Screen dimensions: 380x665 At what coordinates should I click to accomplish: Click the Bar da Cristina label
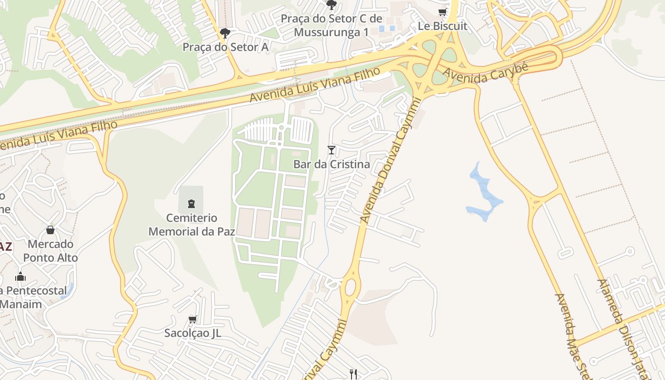[x=332, y=164]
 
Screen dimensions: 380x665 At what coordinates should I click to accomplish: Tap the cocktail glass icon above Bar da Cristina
[x=332, y=150]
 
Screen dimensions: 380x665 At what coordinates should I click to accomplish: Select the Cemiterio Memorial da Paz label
[x=192, y=225]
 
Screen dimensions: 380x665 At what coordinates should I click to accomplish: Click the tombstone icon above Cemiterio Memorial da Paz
[x=191, y=204]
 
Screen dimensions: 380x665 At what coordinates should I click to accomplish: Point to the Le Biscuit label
[x=443, y=26]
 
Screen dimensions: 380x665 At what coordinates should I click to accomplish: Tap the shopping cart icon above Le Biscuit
[x=443, y=12]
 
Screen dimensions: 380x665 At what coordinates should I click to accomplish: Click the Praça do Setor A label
[x=226, y=47]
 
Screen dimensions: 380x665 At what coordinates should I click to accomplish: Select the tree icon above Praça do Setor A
[x=225, y=33]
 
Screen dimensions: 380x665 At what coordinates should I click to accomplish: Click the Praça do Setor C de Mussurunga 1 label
[x=331, y=25]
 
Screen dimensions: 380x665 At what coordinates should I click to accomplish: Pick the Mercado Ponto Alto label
[x=50, y=251]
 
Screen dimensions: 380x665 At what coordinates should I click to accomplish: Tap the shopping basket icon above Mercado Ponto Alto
[x=50, y=230]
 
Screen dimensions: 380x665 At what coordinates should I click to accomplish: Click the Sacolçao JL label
[x=193, y=333]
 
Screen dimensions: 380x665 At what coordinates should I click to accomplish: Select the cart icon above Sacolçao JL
[x=193, y=319]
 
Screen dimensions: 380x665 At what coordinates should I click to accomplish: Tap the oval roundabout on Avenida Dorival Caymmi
[x=351, y=287]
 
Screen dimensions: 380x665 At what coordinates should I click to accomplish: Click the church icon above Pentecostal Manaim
[x=20, y=276]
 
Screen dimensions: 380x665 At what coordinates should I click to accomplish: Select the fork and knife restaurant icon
[x=353, y=374]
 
